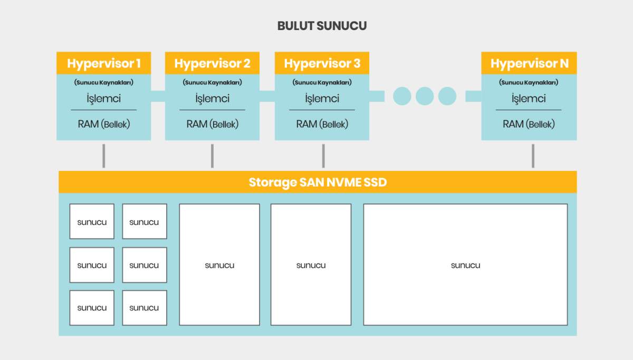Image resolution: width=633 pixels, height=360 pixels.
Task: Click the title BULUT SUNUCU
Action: tap(322, 26)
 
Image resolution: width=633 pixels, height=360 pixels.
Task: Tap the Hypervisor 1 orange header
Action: tap(104, 63)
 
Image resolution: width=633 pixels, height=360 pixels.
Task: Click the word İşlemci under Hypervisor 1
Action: tap(104, 99)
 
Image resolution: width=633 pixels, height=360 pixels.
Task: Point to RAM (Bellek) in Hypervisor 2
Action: tap(213, 124)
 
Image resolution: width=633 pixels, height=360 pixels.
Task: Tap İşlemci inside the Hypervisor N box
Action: tap(529, 99)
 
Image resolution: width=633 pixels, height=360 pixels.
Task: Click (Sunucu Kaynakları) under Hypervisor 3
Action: tap(322, 82)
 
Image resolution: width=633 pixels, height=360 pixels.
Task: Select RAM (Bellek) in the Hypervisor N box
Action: tap(529, 124)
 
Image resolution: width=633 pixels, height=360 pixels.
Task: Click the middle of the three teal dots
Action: tap(425, 96)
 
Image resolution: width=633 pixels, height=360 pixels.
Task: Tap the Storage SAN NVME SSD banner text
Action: tap(318, 183)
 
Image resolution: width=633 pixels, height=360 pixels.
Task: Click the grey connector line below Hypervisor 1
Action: tap(104, 156)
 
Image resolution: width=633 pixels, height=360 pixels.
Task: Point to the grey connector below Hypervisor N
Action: tap(533, 156)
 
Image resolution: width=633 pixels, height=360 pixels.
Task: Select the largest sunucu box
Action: tap(465, 264)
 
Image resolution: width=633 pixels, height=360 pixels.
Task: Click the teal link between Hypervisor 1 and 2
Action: tap(158, 96)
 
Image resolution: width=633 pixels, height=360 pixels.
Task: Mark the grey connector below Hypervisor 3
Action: tap(323, 156)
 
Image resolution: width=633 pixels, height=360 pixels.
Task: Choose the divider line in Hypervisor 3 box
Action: tap(322, 110)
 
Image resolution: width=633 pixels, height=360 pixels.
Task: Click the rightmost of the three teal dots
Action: tap(447, 96)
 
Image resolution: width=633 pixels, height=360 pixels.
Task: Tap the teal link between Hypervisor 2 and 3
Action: tap(267, 96)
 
